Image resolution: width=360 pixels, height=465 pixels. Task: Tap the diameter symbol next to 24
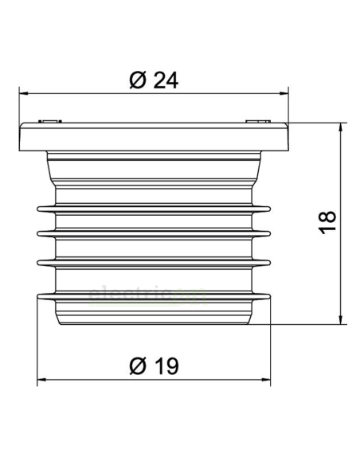point(136,80)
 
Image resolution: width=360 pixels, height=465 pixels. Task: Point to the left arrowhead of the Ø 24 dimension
point(22,94)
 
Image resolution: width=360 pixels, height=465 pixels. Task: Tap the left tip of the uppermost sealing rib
point(39,209)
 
